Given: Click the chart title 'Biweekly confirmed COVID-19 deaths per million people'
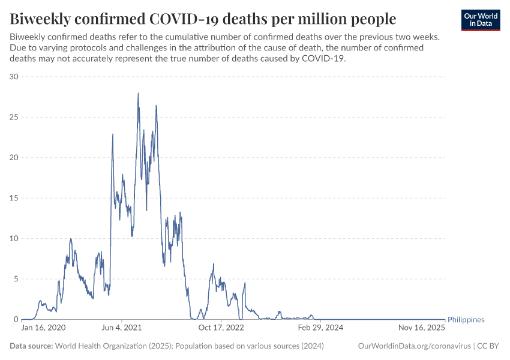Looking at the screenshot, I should pos(203,19).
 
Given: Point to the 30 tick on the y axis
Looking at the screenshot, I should pos(14,77).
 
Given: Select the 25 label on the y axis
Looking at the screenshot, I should pos(14,117).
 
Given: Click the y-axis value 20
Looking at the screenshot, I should pos(14,158).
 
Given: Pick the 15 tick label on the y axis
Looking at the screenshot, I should pos(14,198).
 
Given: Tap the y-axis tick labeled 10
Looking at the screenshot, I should pos(14,239).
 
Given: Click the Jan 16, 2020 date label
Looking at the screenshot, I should pos(43,328).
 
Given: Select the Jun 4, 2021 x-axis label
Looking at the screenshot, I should pos(122,328).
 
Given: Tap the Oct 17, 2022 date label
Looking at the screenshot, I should pos(221,328).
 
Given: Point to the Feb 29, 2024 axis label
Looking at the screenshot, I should pos(320,328).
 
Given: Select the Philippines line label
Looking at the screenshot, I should pos(466,320).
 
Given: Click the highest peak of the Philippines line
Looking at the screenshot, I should pos(138,93).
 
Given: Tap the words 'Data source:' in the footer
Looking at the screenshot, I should pos(31,346).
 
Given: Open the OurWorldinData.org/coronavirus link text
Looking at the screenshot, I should pos(413,346).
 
